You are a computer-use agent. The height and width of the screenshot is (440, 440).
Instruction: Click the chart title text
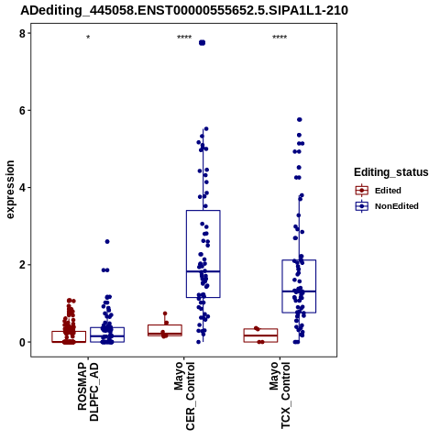184,11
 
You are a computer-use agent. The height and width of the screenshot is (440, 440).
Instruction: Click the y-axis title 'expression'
10,190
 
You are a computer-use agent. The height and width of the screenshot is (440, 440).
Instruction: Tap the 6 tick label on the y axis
23,110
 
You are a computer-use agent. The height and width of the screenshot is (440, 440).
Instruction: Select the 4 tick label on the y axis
23,188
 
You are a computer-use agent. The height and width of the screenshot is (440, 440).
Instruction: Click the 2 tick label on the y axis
23,265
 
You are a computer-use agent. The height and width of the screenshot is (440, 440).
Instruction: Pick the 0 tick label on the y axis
23,342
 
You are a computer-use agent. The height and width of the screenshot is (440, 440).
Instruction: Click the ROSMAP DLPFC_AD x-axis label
88,392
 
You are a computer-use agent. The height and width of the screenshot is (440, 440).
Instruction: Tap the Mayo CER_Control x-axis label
184,396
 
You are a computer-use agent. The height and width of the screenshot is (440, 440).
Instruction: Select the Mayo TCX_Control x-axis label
280,395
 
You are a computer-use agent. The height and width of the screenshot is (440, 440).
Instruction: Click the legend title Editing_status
391,172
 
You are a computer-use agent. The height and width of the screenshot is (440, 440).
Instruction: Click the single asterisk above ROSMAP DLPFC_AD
88,38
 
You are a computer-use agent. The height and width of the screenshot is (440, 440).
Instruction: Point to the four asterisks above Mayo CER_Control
184,38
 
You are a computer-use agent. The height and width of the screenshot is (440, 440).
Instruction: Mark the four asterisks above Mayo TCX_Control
280,38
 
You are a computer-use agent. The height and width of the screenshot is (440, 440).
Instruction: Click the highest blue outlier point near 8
202,43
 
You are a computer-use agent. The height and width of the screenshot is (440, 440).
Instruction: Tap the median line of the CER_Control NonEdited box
203,271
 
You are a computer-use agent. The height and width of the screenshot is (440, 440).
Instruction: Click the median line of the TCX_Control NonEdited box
299,291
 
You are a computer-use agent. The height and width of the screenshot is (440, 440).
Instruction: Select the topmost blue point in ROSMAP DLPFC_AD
107,242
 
